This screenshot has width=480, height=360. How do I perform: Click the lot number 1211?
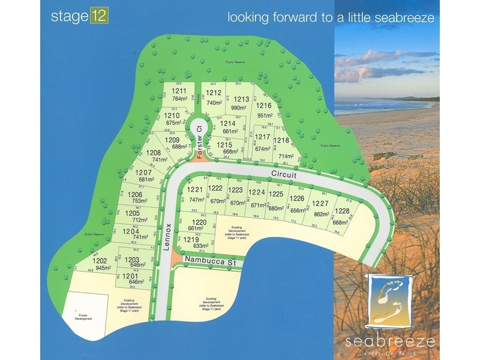179,91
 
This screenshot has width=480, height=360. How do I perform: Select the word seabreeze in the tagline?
400,17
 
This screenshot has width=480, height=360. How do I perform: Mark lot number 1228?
342,211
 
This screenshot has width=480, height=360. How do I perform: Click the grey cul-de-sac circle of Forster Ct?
196,127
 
